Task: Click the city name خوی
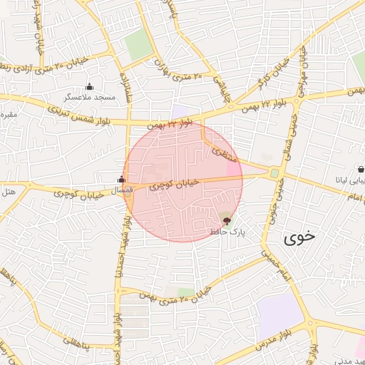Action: click(299, 238)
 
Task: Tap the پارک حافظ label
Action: click(227, 232)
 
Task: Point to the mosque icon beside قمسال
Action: click(121, 180)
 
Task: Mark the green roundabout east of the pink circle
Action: click(274, 173)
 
